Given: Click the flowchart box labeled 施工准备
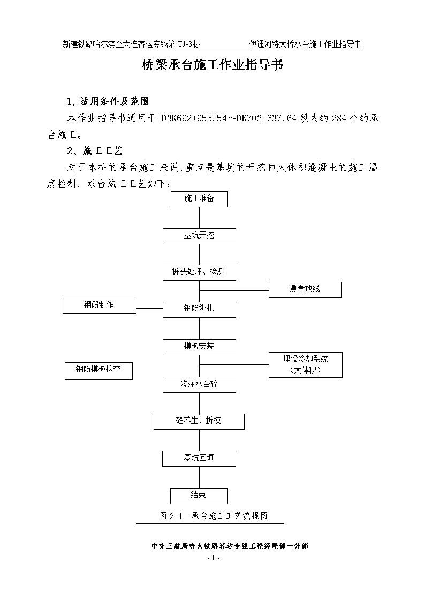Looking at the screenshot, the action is (199, 199).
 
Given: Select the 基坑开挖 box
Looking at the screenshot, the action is (199, 235).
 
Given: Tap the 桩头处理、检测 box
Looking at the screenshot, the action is (199, 272).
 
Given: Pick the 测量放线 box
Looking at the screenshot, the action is (305, 290).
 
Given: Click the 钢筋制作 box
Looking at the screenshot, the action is (100, 306).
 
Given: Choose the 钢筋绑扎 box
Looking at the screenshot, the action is (199, 310).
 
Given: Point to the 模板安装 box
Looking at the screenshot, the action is (199, 347).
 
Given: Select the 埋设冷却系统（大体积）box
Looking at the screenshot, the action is (306, 365).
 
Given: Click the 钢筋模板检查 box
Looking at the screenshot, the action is (99, 371).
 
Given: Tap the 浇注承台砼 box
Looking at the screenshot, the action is (199, 385).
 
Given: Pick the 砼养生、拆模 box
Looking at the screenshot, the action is (199, 422).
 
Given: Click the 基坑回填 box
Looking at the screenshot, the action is (199, 459).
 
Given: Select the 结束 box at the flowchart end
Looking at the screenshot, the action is (199, 496).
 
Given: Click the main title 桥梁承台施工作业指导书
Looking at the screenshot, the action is (212, 65).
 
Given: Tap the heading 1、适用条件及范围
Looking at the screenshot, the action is (108, 102).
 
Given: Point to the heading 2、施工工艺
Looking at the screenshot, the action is (95, 151).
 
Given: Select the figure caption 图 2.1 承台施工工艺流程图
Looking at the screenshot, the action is (214, 515).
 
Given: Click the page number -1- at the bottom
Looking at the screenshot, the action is (213, 558).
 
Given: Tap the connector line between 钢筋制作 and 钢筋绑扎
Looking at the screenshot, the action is (149, 308).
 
